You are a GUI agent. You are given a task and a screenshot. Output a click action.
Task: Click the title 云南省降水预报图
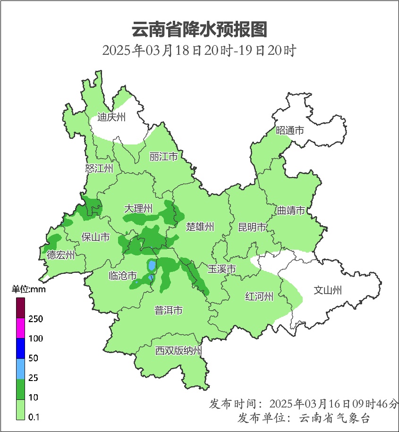(x=199, y=29)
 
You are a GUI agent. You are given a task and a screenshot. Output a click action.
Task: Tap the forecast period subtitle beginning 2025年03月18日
(x=199, y=51)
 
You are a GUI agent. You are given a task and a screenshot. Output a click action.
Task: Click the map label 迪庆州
(x=111, y=118)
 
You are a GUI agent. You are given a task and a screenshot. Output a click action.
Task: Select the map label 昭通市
(x=290, y=131)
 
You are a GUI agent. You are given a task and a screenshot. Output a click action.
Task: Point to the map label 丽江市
(x=163, y=156)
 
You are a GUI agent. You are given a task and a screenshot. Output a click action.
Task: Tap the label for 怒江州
(x=100, y=169)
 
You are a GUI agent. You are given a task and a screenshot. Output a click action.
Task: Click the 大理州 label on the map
(x=138, y=208)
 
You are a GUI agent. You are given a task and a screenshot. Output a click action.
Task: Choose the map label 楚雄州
(x=200, y=227)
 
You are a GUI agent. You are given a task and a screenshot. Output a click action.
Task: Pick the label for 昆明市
(x=252, y=228)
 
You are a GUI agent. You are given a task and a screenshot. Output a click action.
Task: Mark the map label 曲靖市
(x=290, y=211)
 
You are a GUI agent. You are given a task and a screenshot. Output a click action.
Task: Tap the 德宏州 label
(x=61, y=255)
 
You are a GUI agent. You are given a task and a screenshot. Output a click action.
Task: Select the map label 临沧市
(x=123, y=276)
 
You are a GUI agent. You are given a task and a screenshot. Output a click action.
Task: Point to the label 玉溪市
(x=222, y=269)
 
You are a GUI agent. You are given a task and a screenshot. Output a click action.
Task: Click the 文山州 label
(x=328, y=290)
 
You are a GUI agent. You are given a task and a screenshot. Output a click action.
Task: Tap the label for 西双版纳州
(x=179, y=351)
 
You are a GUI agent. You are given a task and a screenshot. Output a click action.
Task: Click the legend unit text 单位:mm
(x=28, y=289)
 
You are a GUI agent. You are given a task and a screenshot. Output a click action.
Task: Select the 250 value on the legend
(x=35, y=319)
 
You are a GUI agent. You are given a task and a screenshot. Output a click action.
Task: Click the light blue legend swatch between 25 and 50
(x=20, y=368)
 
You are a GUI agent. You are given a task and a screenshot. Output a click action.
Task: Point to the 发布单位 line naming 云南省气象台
(x=304, y=418)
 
